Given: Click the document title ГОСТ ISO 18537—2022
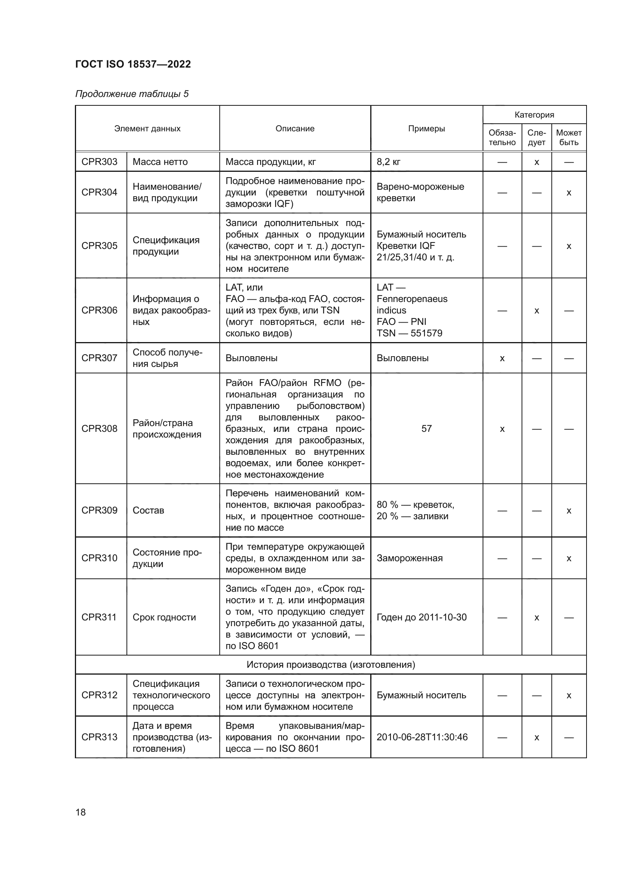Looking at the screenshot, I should coord(133,64).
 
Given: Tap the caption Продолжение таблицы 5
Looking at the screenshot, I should coord(132,94).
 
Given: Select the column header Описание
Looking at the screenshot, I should coord(295,128).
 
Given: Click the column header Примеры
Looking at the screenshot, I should coord(426,128).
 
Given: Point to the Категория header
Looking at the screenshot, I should coord(534,115).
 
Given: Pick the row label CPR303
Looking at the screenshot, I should coord(99,162).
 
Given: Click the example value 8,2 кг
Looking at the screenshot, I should coord(388,162).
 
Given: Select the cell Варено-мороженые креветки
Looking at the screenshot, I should coord(420,192).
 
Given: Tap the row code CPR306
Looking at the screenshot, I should coord(99,310).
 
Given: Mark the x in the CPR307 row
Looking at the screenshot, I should coord(502,358).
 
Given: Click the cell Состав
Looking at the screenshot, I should coord(148,510).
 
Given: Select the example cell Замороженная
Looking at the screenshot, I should coord(409,558).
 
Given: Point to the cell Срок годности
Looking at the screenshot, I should coord(164,617).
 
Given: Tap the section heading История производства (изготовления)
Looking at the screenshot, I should coord(331,665).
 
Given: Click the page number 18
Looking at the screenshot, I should coord(81,812).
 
